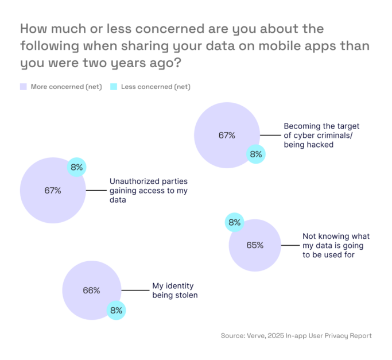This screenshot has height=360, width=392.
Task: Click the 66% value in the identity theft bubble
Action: pos(91,291)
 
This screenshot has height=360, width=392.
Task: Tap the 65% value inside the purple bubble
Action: pos(255,245)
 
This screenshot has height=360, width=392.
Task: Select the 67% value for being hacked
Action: pos(227,136)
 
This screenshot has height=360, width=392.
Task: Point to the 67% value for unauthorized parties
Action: pos(53,190)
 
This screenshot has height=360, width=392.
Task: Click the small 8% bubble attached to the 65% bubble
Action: pos(234,222)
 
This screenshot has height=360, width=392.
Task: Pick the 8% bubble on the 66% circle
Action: pos(116,311)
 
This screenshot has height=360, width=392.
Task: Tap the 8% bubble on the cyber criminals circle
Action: pos(255,154)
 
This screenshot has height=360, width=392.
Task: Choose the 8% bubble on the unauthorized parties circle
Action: pos(77,168)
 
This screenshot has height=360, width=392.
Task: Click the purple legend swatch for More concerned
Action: pos(24,87)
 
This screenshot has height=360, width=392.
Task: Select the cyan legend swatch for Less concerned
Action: pos(113,87)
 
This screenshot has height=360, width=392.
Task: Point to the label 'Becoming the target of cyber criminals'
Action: pos(317,136)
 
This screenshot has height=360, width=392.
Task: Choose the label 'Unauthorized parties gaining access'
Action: pos(148,191)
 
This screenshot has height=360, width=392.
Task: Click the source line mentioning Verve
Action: pos(296,336)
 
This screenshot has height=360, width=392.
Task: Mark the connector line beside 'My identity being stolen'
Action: pos(135,291)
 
